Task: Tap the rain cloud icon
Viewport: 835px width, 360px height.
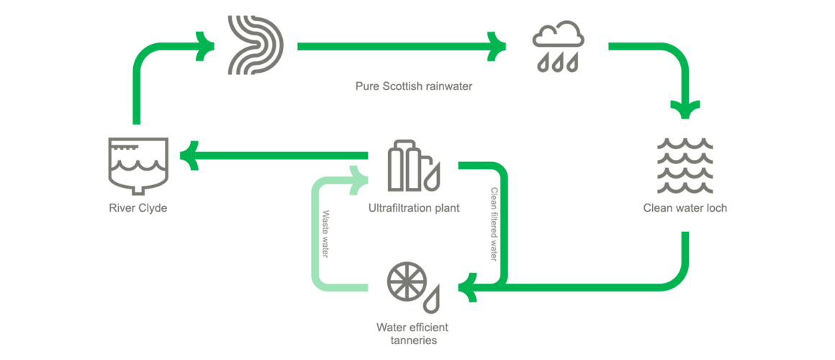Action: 558,48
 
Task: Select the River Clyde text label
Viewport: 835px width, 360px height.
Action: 137,208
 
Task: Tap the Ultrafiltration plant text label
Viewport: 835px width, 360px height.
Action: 413,208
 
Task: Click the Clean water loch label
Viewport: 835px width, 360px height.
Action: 685,209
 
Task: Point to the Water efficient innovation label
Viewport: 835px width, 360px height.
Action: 412,333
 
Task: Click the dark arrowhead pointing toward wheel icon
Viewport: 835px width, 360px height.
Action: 471,287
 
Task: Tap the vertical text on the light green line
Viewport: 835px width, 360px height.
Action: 326,234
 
